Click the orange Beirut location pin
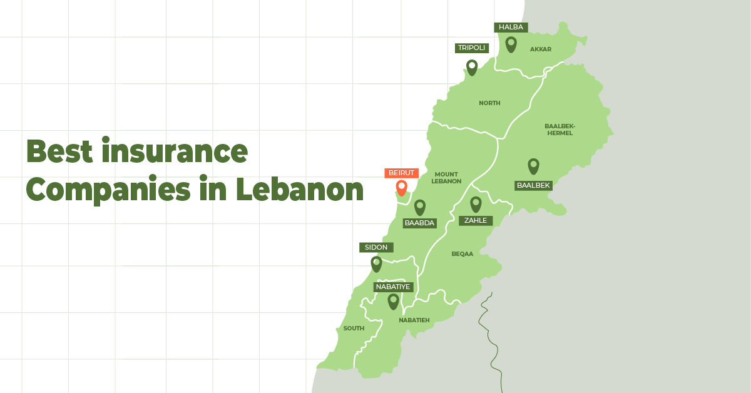(x=401, y=187)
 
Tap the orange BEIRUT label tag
(x=401, y=173)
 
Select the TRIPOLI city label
(x=472, y=48)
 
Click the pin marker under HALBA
(x=511, y=44)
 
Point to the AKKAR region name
(x=541, y=49)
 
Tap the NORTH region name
(x=489, y=103)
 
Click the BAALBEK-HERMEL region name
(x=559, y=129)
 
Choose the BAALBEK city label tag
(x=533, y=185)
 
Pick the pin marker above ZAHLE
(x=476, y=204)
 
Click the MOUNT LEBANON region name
(x=446, y=178)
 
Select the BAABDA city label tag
(x=419, y=223)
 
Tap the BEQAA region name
(x=462, y=254)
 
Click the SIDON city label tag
(x=376, y=247)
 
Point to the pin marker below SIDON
(x=376, y=263)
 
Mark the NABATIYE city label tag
(x=393, y=287)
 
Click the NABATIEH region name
(x=414, y=320)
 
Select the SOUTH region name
(x=354, y=329)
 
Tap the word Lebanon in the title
(x=300, y=189)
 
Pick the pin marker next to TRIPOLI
(x=472, y=67)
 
